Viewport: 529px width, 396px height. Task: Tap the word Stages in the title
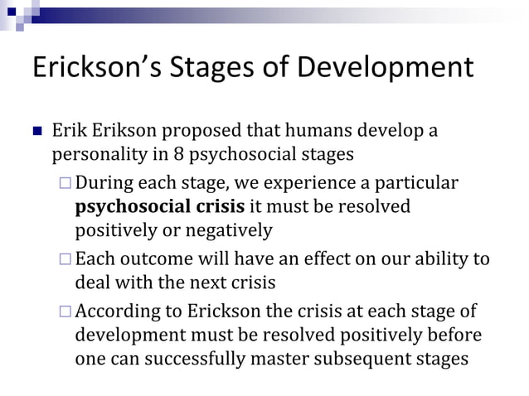208,69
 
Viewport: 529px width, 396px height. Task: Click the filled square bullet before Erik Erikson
36,133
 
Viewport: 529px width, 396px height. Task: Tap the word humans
299,132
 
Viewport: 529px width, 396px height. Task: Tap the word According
115,312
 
